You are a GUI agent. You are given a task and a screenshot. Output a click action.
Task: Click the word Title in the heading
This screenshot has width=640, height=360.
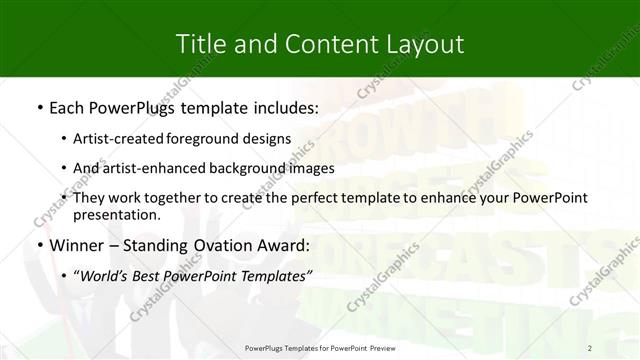tap(200, 44)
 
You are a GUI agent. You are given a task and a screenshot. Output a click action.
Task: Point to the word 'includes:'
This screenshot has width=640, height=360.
tap(286, 107)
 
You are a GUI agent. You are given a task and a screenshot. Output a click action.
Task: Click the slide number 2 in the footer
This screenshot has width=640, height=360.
tap(590, 348)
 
